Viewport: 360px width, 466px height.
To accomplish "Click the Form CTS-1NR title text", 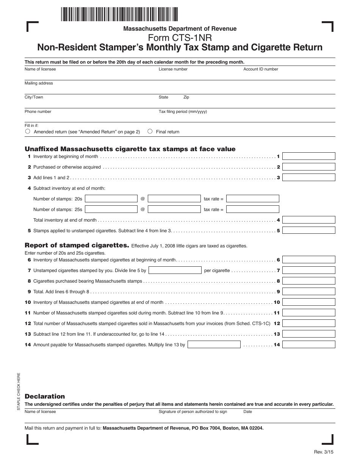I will (180, 38).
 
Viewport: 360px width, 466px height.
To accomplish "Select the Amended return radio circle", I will (28, 131).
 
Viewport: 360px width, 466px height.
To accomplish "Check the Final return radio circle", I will (150, 131).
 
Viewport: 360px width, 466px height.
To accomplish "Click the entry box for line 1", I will (309, 156).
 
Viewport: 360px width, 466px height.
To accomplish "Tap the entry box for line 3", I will (309, 177).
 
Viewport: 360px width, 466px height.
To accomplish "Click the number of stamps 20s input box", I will (111, 199).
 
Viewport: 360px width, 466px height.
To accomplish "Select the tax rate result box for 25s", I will (253, 209).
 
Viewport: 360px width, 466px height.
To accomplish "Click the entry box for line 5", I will (309, 230).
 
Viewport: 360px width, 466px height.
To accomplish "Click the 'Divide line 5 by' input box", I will (175, 270).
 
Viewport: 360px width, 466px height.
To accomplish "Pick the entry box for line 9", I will (309, 291).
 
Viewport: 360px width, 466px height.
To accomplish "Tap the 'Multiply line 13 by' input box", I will (214, 344).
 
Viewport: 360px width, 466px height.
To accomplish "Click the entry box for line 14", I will (309, 344).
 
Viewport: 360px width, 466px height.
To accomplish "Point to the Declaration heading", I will (45, 396).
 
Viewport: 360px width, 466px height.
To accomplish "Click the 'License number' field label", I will (173, 69).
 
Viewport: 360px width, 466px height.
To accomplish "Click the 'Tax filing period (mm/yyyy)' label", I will (183, 112).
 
